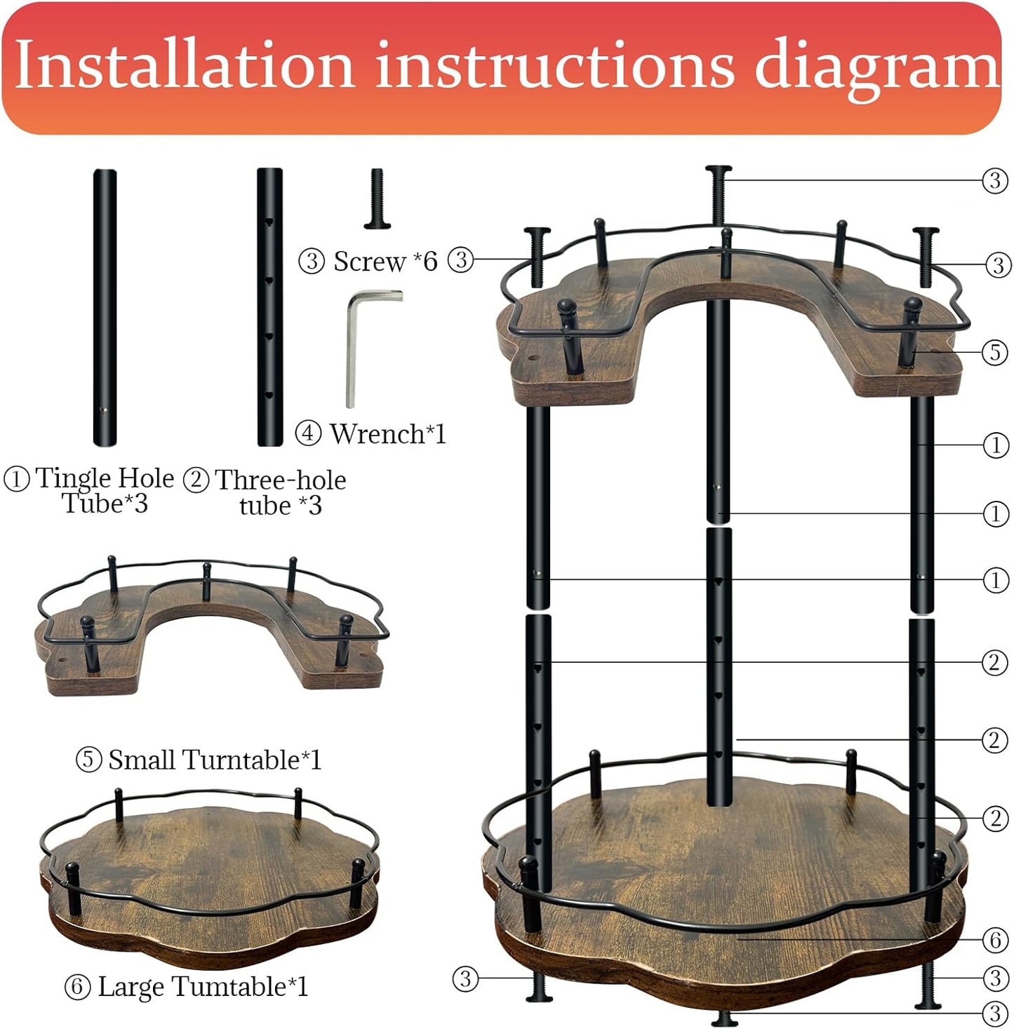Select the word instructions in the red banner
point(554,65)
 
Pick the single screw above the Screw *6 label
point(378,199)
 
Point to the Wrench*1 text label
point(387,433)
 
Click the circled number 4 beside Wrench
point(308,433)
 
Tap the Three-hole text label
point(281,480)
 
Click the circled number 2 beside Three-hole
point(196,480)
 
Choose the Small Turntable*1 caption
point(214,760)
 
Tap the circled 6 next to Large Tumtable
point(77,987)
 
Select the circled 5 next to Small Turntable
point(88,760)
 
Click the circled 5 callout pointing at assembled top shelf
point(994,351)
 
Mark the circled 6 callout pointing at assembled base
point(994,939)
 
